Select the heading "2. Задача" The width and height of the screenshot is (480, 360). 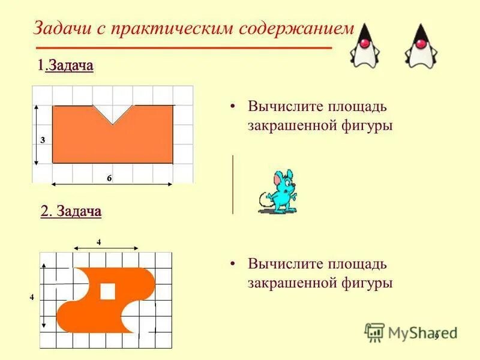[x=71, y=211]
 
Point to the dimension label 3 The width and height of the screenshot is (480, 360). [x=43, y=140]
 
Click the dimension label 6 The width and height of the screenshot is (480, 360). [x=109, y=178]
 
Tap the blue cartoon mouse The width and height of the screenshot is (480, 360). [x=279, y=191]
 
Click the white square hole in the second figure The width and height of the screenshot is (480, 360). [x=107, y=291]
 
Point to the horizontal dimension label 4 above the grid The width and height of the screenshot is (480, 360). [x=99, y=241]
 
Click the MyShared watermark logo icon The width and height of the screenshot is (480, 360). [x=374, y=332]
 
